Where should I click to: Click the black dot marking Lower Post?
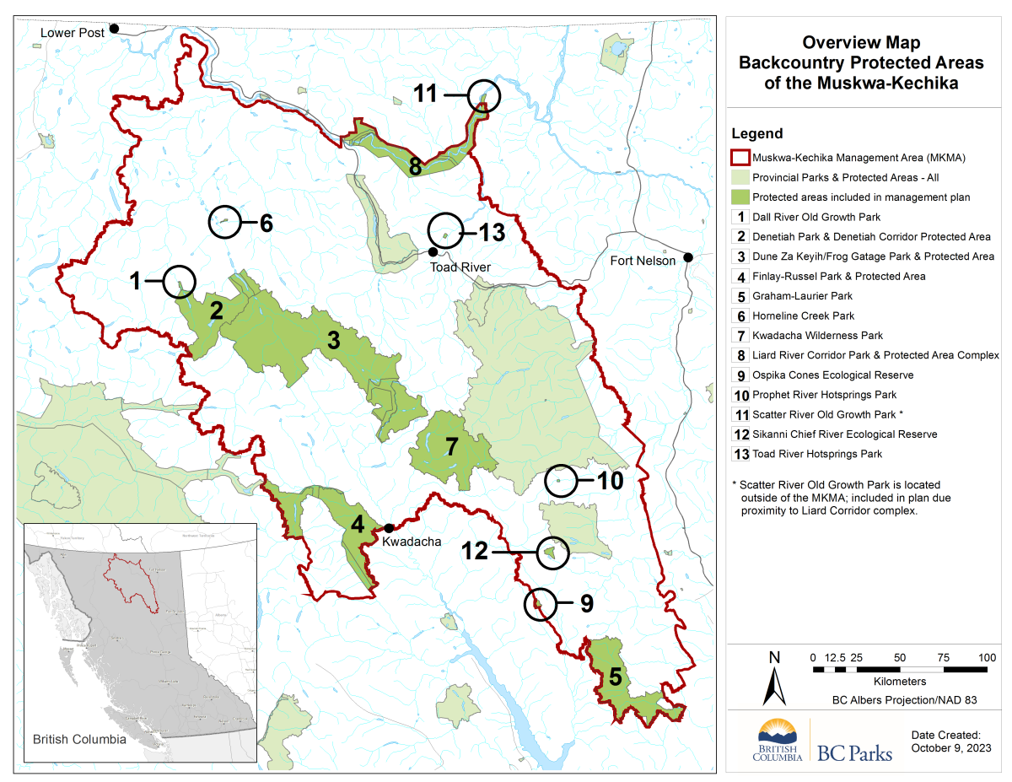click(x=114, y=29)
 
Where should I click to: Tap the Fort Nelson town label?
click(x=643, y=261)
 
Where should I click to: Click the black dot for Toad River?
click(x=433, y=251)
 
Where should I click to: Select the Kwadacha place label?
click(x=412, y=542)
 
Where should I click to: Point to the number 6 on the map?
click(x=266, y=223)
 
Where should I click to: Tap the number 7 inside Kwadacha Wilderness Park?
click(x=452, y=447)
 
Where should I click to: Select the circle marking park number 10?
click(x=561, y=481)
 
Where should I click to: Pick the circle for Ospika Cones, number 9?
click(x=541, y=604)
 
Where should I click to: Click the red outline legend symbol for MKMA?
click(x=740, y=158)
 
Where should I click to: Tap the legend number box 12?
click(x=740, y=434)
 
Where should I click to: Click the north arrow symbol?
click(x=774, y=679)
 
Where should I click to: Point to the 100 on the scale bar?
click(x=987, y=657)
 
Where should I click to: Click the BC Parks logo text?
click(x=853, y=752)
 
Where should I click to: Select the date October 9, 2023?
click(x=951, y=747)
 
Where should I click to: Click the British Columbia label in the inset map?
click(x=79, y=739)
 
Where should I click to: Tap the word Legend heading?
click(x=756, y=133)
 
